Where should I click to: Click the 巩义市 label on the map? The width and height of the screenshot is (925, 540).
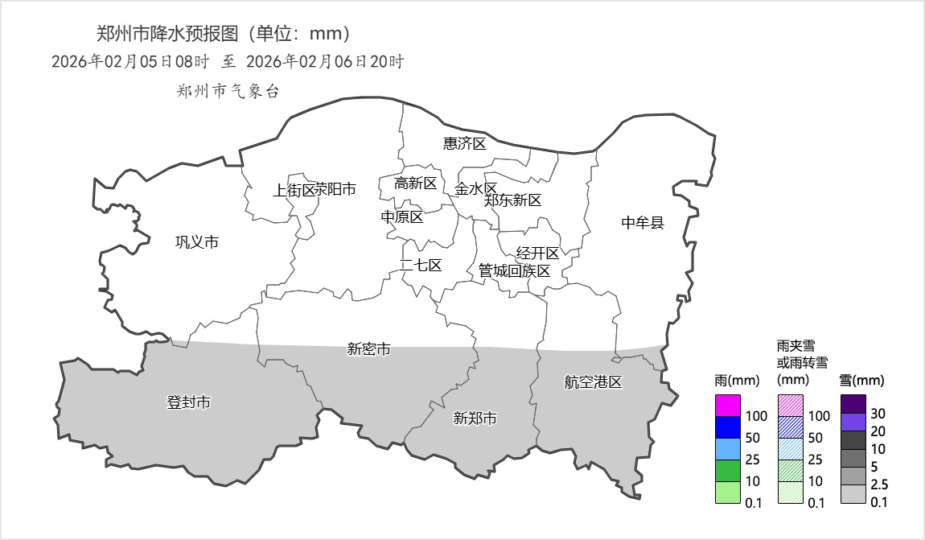click(x=197, y=242)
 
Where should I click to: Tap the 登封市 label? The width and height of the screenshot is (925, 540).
click(x=188, y=402)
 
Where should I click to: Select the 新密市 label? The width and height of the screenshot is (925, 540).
click(x=369, y=349)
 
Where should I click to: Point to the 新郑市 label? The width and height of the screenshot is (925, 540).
click(x=475, y=418)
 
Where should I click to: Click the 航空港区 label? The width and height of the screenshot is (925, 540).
click(x=593, y=382)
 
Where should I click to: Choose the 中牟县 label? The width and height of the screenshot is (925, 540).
click(x=643, y=223)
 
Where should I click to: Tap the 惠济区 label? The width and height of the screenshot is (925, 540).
click(x=465, y=144)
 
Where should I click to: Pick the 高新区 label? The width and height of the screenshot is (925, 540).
click(x=415, y=183)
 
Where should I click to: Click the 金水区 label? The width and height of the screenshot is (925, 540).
click(x=475, y=189)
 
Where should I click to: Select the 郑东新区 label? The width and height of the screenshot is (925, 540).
click(x=513, y=200)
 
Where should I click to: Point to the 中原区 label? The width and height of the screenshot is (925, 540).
click(x=402, y=217)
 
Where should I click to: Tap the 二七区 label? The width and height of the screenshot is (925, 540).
click(x=421, y=266)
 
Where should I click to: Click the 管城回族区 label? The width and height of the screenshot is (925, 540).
click(x=514, y=271)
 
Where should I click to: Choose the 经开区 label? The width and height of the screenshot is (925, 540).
click(x=537, y=254)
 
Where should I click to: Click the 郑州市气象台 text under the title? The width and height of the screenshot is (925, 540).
click(x=228, y=92)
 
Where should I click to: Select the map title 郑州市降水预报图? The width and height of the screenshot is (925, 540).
click(x=168, y=34)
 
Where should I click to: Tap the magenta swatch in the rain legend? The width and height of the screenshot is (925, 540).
click(x=727, y=406)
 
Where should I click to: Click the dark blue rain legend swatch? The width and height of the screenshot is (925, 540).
click(x=727, y=427)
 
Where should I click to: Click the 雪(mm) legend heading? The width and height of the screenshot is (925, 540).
click(x=861, y=381)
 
